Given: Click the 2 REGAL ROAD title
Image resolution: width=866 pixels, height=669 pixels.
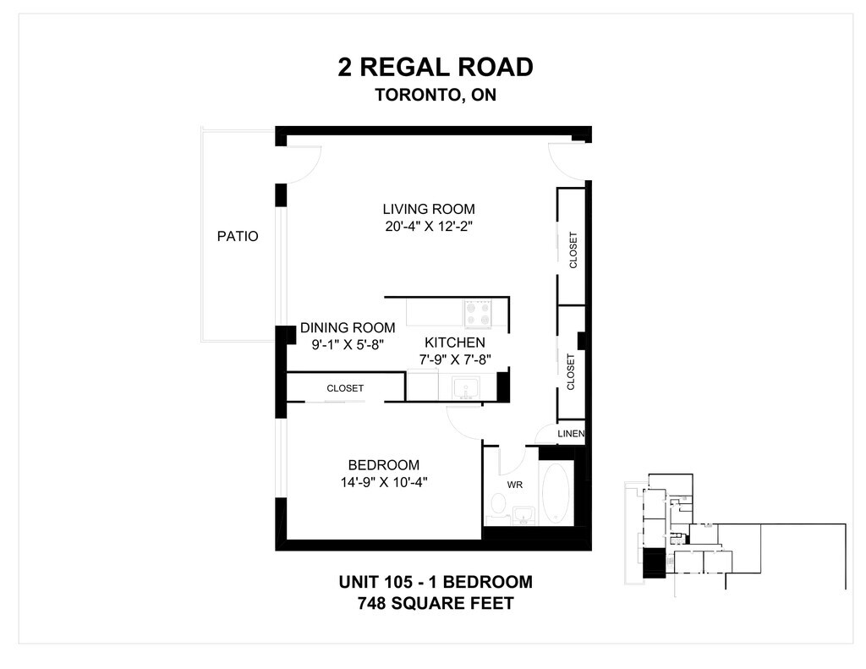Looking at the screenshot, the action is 436,68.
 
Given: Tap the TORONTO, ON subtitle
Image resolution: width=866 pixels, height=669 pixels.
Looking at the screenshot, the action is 436,95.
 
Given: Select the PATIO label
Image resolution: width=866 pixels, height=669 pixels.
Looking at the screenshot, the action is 238,237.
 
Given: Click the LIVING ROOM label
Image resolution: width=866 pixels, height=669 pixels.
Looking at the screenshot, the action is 429,210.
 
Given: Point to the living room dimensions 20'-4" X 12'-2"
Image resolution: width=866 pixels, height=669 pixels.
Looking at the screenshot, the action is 429,227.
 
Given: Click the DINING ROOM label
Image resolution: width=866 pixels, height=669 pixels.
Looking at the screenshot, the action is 348,327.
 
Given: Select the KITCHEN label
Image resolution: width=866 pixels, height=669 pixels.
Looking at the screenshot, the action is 454,343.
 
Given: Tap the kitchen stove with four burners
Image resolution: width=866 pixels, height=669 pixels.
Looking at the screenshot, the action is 478,313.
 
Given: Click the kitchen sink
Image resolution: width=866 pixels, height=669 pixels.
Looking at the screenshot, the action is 466,388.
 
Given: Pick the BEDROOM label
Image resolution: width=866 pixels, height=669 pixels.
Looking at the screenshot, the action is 383,465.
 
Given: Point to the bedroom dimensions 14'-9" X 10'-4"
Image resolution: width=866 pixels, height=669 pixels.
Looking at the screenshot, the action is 384,482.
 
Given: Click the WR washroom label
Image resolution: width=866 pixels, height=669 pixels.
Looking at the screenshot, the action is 515,485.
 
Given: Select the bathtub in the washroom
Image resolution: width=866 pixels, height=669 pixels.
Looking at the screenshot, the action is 556,493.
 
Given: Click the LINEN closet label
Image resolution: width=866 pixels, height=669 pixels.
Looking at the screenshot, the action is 571,434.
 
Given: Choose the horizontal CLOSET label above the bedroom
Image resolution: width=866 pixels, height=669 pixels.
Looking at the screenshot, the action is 345,388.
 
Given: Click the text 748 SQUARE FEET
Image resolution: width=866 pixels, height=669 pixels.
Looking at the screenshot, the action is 436,603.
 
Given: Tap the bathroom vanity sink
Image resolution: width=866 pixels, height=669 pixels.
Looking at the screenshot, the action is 523,515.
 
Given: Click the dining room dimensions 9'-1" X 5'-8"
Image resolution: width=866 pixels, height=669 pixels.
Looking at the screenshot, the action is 348,345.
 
